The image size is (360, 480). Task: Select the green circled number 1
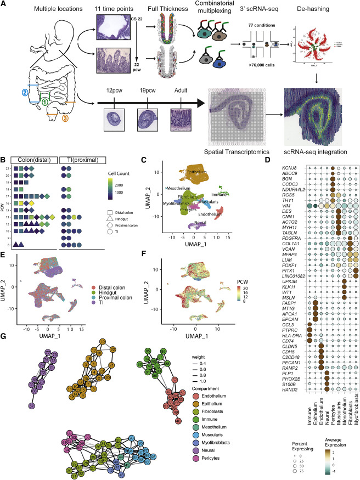44,101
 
